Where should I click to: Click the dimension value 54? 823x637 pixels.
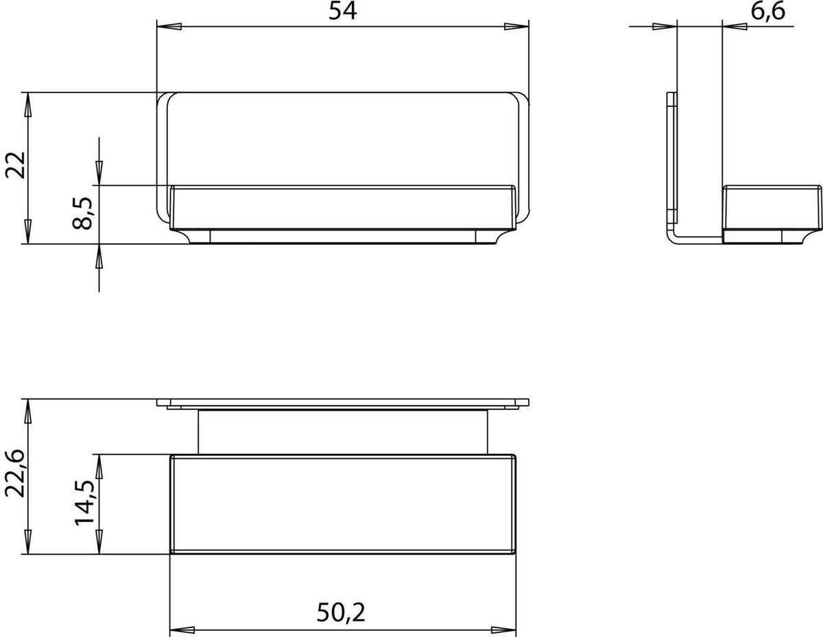342,11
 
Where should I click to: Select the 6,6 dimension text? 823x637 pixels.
768,12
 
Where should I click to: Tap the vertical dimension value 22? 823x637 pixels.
15,165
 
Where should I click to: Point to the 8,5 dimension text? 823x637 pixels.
82,213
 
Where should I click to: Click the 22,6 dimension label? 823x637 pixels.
15,474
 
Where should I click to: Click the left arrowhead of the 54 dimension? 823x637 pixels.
169,27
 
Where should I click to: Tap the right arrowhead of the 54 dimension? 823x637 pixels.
516,27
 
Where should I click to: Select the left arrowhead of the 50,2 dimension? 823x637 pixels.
182,630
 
